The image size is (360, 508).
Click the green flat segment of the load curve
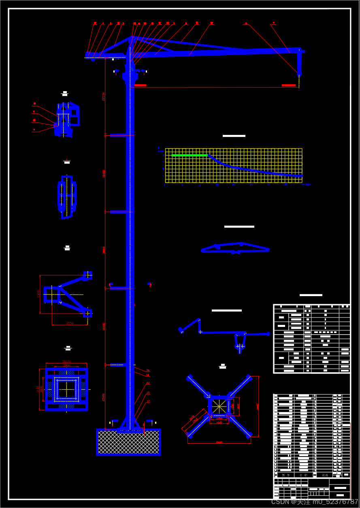tap(189, 155)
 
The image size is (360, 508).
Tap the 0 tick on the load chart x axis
tap(165, 185)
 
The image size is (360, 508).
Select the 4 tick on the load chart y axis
tap(163, 156)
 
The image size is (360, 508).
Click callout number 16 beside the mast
tap(148, 370)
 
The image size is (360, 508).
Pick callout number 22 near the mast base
tap(148, 383)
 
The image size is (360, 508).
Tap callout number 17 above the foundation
tap(148, 401)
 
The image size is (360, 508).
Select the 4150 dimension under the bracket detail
tap(70, 323)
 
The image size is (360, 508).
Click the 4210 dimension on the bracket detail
tap(39, 294)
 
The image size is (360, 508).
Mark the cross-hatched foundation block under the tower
tap(128, 442)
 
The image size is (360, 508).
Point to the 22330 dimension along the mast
tap(103, 96)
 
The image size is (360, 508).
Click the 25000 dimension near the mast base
tap(104, 397)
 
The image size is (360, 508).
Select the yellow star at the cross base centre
tap(219, 406)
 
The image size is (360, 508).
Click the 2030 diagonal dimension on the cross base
tap(192, 417)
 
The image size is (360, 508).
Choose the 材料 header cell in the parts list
tap(325, 475)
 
